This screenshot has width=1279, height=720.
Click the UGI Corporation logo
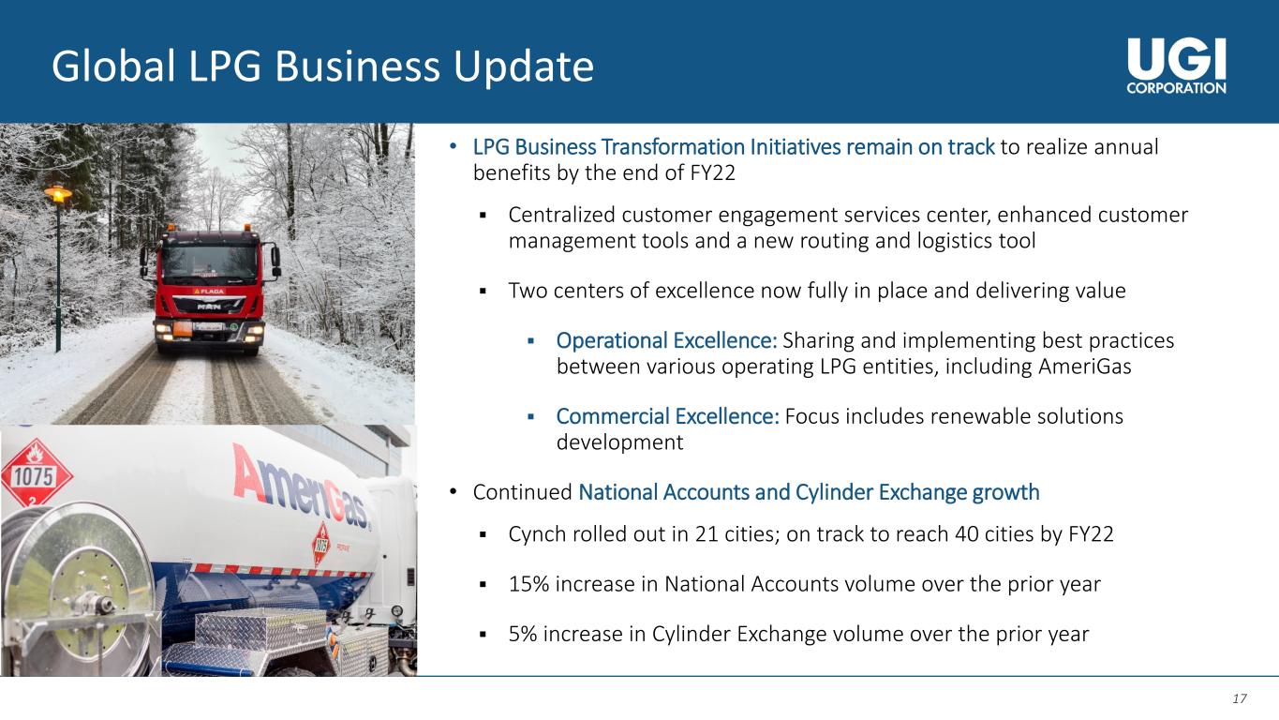1176,66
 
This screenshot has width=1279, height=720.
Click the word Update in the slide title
524,67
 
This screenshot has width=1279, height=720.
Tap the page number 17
1239,698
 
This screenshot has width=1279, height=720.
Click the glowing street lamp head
58,194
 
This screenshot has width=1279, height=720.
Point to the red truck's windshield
209,262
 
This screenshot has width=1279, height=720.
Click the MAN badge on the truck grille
208,307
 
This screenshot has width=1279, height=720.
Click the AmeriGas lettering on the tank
301,488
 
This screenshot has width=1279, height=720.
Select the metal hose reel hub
92,603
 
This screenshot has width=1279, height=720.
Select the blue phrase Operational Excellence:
666,340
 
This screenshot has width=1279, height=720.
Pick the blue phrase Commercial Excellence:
667,416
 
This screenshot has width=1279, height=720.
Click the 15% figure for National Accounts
528,584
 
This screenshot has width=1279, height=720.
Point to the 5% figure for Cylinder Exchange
523,634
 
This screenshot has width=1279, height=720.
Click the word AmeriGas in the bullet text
1084,367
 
